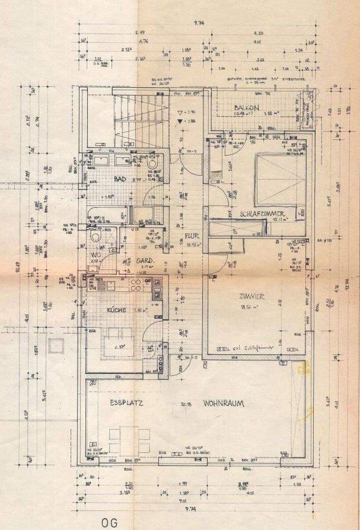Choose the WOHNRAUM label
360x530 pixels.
click(x=224, y=403)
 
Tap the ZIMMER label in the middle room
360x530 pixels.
click(x=252, y=296)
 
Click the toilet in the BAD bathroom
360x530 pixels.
click(x=153, y=162)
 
